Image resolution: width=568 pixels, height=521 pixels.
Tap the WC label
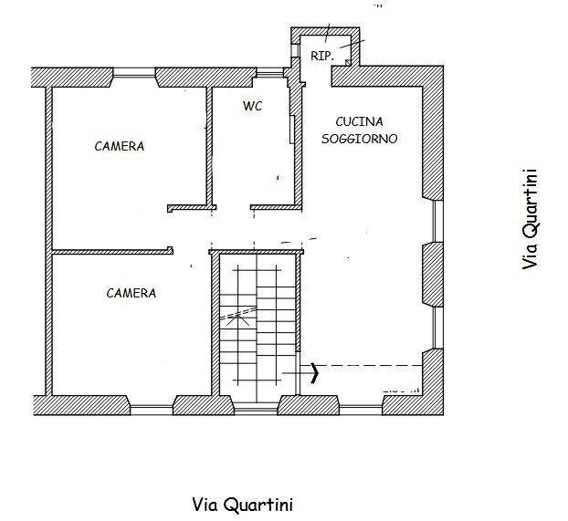tap(252, 106)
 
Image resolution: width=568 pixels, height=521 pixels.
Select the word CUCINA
tap(359, 121)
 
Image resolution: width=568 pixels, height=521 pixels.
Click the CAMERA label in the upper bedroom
tap(119, 146)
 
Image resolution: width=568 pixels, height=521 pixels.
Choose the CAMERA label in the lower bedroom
tap(131, 293)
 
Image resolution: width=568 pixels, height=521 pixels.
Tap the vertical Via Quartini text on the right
tap(530, 220)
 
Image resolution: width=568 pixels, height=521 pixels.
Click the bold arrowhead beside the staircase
tap(315, 371)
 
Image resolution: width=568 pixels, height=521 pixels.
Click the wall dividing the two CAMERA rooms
tap(110, 250)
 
